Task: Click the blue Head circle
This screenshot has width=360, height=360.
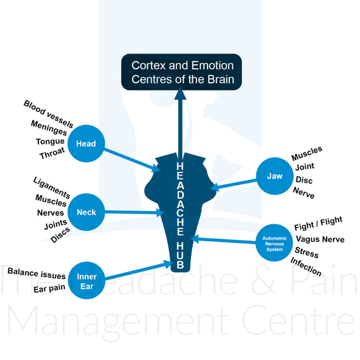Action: pos(86,143)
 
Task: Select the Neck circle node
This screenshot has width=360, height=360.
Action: pos(86,212)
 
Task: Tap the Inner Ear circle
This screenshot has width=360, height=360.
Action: pos(87,280)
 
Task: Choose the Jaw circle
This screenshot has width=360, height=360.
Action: pos(274,176)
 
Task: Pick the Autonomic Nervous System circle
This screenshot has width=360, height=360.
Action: pos(274,243)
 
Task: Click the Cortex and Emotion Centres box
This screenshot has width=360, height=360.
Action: pos(181,72)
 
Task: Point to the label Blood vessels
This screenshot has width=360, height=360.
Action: pos(48,114)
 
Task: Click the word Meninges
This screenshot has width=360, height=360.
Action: pos(49,128)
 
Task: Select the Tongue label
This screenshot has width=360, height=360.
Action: pos(50,141)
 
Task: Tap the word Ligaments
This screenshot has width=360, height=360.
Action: pos(51,188)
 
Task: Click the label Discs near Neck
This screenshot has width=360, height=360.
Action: pos(60,235)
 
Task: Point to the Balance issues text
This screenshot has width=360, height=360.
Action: pos(37,273)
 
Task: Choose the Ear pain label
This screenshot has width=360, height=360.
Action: pos(50,289)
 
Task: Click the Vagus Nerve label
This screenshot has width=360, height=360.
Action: pos(320,239)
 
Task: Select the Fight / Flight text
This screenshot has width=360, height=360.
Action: pos(318,224)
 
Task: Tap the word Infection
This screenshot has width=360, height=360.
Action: pos(306,267)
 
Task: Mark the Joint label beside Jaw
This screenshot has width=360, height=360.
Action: pos(305,166)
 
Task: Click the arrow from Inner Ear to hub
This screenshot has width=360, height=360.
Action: pos(139,271)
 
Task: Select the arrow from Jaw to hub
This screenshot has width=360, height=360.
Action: pos(233,185)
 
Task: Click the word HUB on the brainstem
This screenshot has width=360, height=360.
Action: pos(180,255)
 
